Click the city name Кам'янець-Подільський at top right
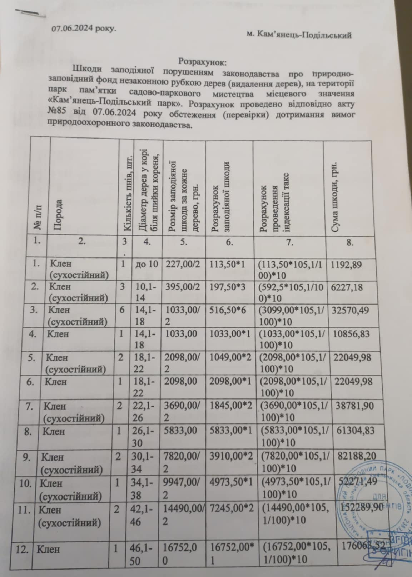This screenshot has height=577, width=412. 299,35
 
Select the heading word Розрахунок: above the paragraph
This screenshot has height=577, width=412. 202,62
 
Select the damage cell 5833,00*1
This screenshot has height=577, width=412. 228,431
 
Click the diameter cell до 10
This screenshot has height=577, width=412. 147,264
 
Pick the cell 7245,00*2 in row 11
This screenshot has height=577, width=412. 229,510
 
